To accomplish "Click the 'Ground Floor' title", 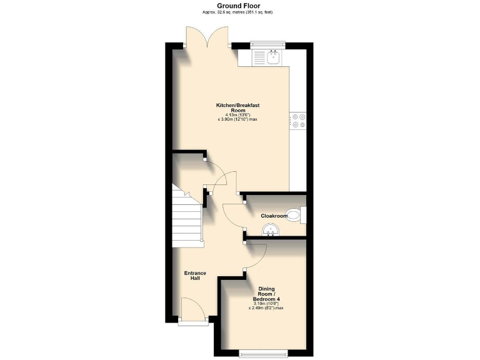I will pos(239,6).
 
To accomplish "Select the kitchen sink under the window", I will pos(272,58).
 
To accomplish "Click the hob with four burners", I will pos(297,120).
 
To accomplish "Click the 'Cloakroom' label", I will pos(274,216).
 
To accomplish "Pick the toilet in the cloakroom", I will pos(300,216).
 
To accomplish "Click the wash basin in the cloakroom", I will pos(271,232).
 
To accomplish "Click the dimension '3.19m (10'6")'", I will pos(266,304).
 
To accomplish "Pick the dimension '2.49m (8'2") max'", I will pos(266,308).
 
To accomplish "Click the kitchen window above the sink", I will pos(267,44).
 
